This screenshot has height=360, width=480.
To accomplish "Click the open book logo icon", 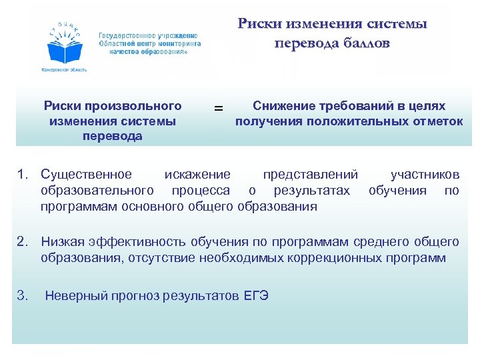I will pos(64,47).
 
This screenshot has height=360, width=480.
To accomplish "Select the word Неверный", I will pos(74,296).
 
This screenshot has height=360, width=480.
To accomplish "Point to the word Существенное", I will pos(86,175).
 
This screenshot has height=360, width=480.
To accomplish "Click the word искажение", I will pos(197,175).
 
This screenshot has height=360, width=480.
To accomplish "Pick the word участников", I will pos(425,175).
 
